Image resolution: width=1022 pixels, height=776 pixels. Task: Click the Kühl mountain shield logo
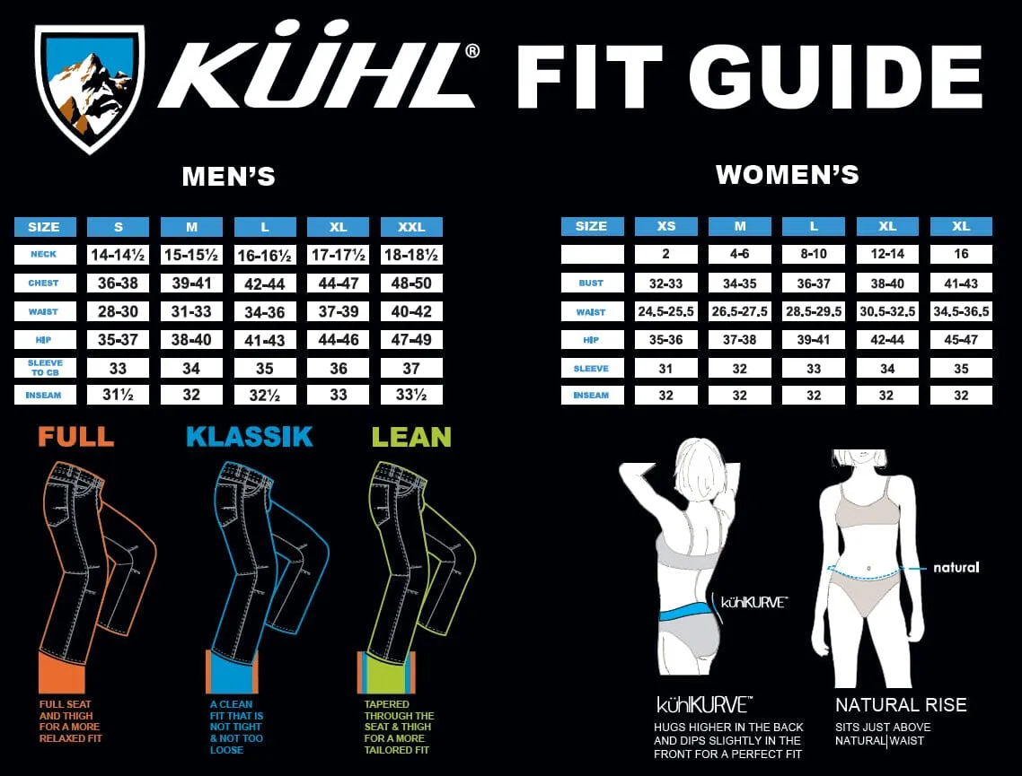click(x=89, y=88)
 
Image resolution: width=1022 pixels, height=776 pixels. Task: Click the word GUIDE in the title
click(x=835, y=77)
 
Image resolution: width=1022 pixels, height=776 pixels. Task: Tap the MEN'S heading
click(x=229, y=177)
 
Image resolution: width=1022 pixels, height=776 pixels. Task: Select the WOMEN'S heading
click(x=788, y=174)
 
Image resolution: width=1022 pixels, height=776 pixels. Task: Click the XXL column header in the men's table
click(x=411, y=227)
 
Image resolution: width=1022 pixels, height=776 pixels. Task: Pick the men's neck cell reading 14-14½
click(x=118, y=255)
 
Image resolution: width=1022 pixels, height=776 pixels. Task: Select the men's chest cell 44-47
click(x=339, y=283)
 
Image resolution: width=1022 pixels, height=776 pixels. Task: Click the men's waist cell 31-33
click(x=191, y=311)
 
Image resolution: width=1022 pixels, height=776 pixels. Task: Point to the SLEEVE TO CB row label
click(x=45, y=368)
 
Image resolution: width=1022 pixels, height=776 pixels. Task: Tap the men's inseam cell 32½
click(x=265, y=395)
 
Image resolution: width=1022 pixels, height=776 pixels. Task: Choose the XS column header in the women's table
click(x=666, y=226)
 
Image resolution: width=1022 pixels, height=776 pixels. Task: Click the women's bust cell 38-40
click(x=887, y=283)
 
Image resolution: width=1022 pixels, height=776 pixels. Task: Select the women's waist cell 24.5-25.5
click(x=666, y=311)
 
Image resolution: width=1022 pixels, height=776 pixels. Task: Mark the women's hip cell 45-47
click(x=962, y=340)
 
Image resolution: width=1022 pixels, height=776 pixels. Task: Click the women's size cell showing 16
click(x=962, y=254)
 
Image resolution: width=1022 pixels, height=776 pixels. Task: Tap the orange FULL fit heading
click(x=76, y=436)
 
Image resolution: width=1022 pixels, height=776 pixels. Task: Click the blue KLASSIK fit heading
click(x=250, y=436)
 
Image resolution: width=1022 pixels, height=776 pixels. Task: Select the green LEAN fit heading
click(x=411, y=437)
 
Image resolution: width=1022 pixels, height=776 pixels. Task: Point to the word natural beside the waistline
click(x=956, y=568)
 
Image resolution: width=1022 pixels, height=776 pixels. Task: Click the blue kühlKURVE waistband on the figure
click(x=683, y=613)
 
